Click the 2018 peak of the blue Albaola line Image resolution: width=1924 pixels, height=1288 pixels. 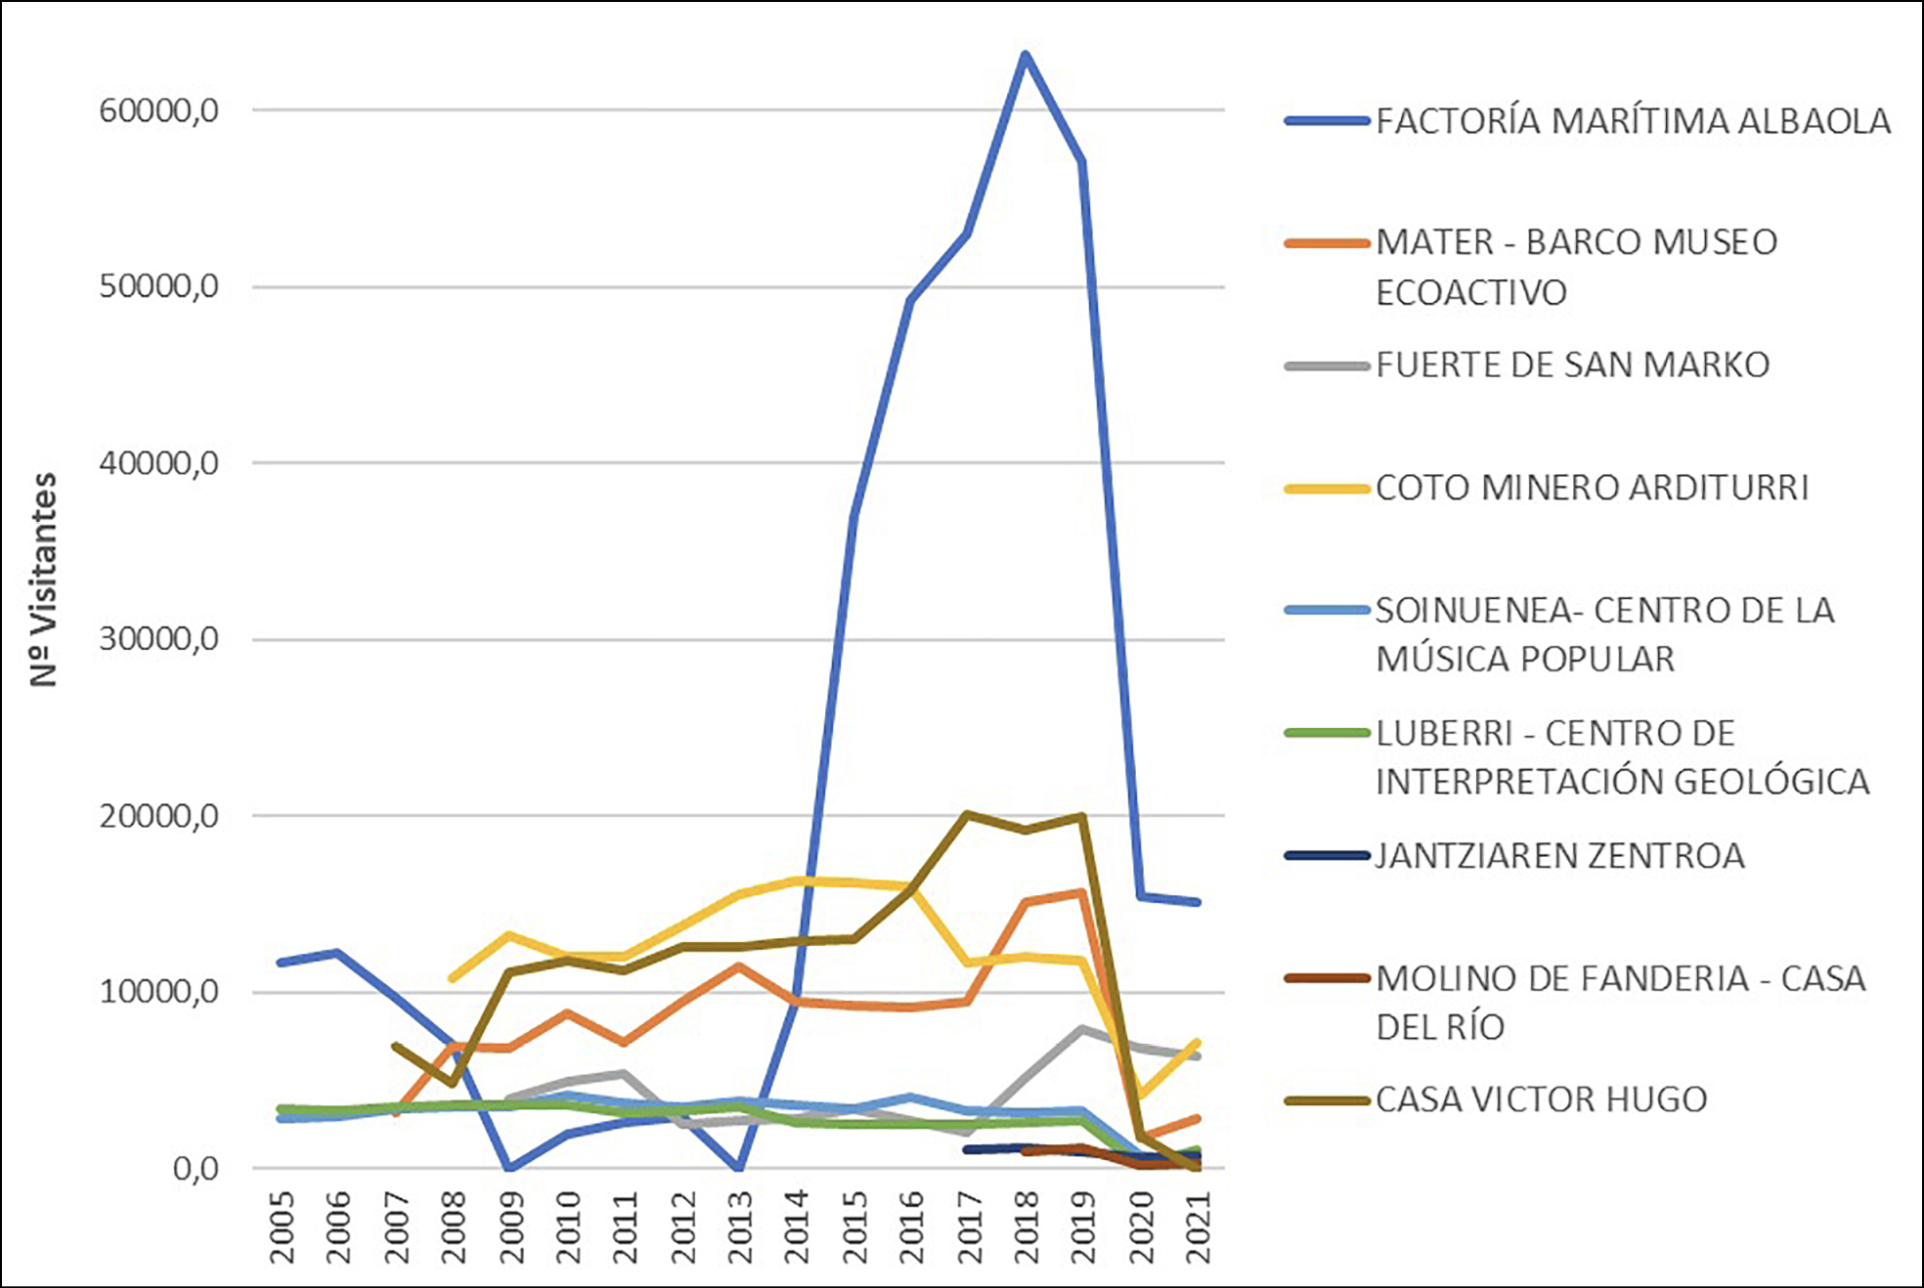point(1025,55)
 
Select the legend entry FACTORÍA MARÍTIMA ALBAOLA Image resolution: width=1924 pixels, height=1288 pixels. point(1633,121)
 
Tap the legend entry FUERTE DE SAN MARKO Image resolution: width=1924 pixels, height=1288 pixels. point(1572,365)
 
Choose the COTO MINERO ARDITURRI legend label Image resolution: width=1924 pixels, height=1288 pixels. point(1592,488)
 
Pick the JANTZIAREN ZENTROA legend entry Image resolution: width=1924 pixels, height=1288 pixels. point(1559,856)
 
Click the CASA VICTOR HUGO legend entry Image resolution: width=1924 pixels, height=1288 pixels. point(1541,1100)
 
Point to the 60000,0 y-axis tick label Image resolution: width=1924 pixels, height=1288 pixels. point(158,110)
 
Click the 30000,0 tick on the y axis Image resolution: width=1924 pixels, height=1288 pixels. point(158,639)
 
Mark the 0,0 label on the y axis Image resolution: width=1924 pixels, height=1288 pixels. point(195,1169)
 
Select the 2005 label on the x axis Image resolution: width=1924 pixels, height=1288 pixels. point(283,1227)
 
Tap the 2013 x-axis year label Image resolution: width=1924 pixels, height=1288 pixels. point(740,1227)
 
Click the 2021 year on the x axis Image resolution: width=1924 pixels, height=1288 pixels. point(1199,1227)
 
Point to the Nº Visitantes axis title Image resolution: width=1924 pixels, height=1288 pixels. point(44,580)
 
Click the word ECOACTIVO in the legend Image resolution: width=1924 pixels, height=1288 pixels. point(1471,293)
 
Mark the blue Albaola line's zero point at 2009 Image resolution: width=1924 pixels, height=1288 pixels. point(509,1168)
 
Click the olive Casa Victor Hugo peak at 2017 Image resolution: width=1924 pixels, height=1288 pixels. point(966,814)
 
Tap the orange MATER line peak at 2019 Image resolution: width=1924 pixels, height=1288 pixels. point(1081,891)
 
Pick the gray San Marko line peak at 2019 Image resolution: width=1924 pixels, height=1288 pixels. point(1081,1029)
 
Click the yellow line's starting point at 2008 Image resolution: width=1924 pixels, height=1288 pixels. point(452,978)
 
